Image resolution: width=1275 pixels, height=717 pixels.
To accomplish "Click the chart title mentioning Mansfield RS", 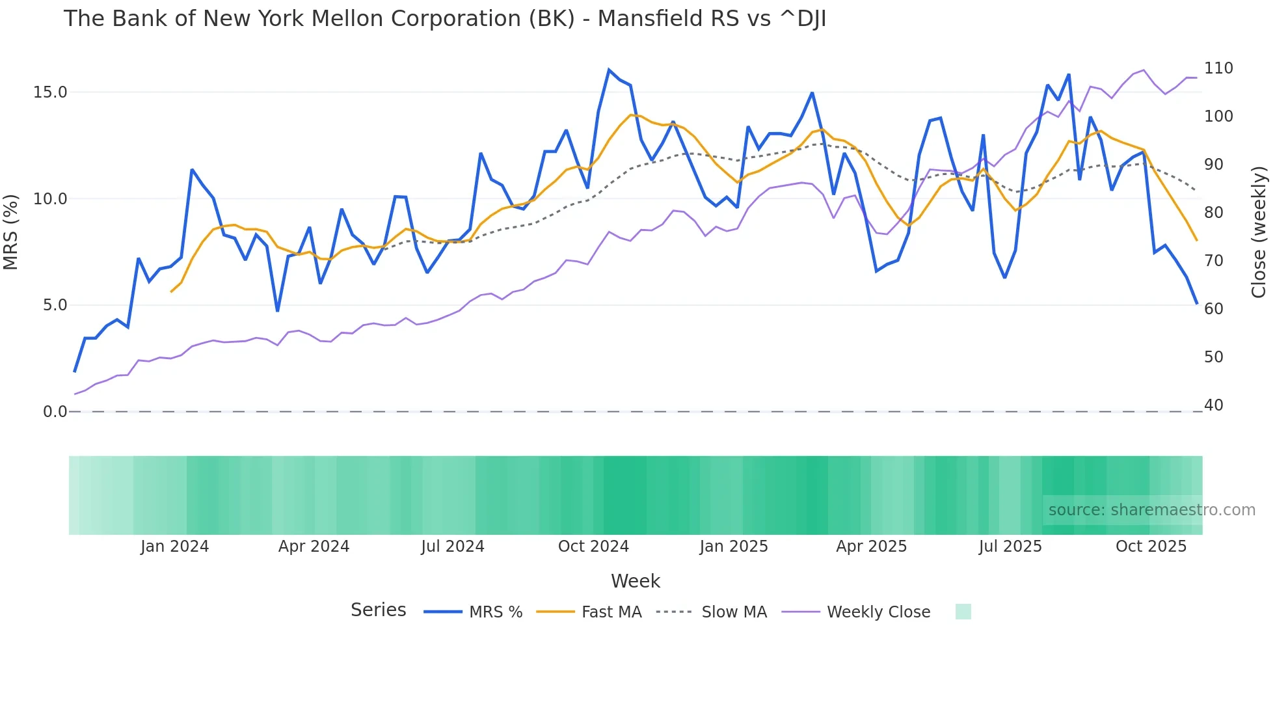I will (x=445, y=19).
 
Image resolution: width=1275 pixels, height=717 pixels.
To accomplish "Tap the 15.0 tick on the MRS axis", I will (x=50, y=92).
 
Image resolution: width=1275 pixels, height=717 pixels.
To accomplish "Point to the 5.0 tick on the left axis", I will (x=55, y=305).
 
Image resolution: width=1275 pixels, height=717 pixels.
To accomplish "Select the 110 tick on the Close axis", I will (x=1218, y=68).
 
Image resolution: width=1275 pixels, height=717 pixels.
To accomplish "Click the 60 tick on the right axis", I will (x=1214, y=309).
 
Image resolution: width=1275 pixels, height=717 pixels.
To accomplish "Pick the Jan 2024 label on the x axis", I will (x=174, y=547).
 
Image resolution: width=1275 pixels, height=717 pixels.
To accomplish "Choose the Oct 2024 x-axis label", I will (x=593, y=547).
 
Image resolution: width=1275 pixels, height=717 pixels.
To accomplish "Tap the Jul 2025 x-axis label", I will (x=1010, y=547).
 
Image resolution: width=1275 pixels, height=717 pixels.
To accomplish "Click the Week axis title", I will (x=636, y=581).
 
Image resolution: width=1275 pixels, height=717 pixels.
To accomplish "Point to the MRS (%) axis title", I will (x=11, y=232).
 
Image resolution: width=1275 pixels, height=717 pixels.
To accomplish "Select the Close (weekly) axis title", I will (x=1259, y=232).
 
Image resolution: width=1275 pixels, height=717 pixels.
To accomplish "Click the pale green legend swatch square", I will (x=963, y=612).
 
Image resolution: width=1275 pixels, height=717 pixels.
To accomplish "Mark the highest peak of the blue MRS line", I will (x=609, y=70).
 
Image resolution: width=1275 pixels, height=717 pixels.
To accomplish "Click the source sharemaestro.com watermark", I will (x=1151, y=510).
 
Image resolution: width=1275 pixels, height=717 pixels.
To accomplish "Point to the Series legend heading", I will (x=378, y=610).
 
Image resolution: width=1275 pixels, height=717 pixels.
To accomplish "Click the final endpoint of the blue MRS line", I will (x=1196, y=303).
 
